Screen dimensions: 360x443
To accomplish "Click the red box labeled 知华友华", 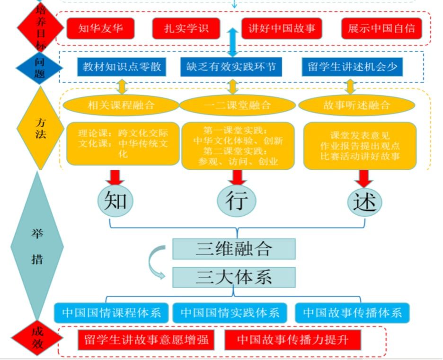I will [100, 28].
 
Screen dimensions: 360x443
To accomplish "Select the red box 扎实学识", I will [186, 28].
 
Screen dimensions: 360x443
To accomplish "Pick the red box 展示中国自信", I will [381, 28].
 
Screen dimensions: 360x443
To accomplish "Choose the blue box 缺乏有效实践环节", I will [231, 67].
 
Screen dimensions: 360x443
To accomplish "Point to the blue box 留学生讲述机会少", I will [353, 67].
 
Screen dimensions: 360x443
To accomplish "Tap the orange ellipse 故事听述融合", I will [356, 105].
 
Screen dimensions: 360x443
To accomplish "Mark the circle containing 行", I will [236, 201].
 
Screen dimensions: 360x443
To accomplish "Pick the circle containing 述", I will [364, 202].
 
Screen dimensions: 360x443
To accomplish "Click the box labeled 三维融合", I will [234, 249].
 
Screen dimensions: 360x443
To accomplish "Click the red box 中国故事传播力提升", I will [292, 340].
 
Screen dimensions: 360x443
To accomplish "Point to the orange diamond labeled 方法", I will [40, 128].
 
